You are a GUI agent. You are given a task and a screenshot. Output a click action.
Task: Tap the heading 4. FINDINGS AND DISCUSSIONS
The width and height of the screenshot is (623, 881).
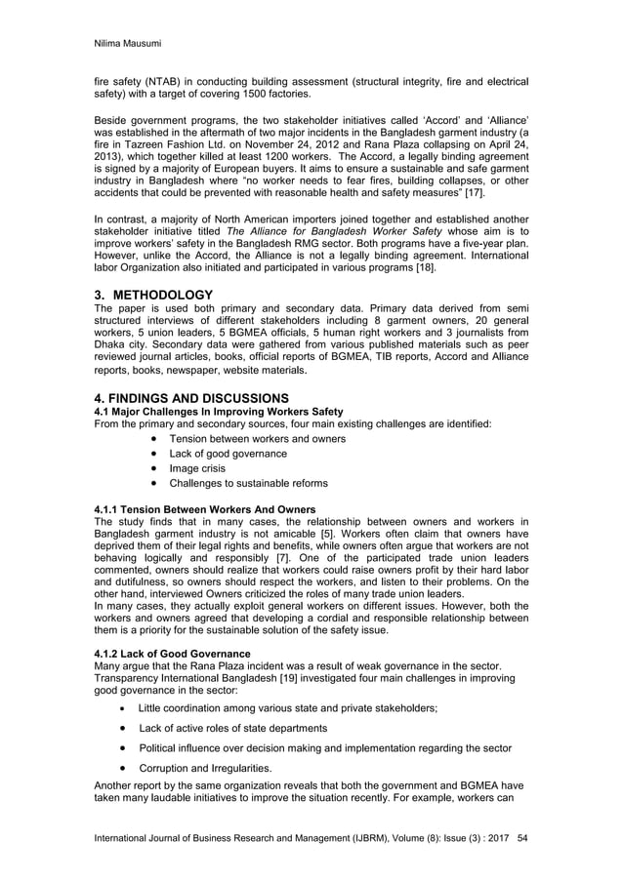(191, 397)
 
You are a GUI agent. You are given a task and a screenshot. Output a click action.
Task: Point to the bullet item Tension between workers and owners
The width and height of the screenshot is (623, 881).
(257, 439)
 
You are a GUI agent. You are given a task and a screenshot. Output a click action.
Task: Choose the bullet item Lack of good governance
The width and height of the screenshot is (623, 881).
(228, 454)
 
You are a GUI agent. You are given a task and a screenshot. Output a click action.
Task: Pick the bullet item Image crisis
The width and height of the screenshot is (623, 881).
(200, 468)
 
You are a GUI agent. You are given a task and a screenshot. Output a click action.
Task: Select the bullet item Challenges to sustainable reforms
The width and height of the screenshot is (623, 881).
(248, 483)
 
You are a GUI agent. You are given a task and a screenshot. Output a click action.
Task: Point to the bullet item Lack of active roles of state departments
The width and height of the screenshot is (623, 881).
(232, 728)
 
